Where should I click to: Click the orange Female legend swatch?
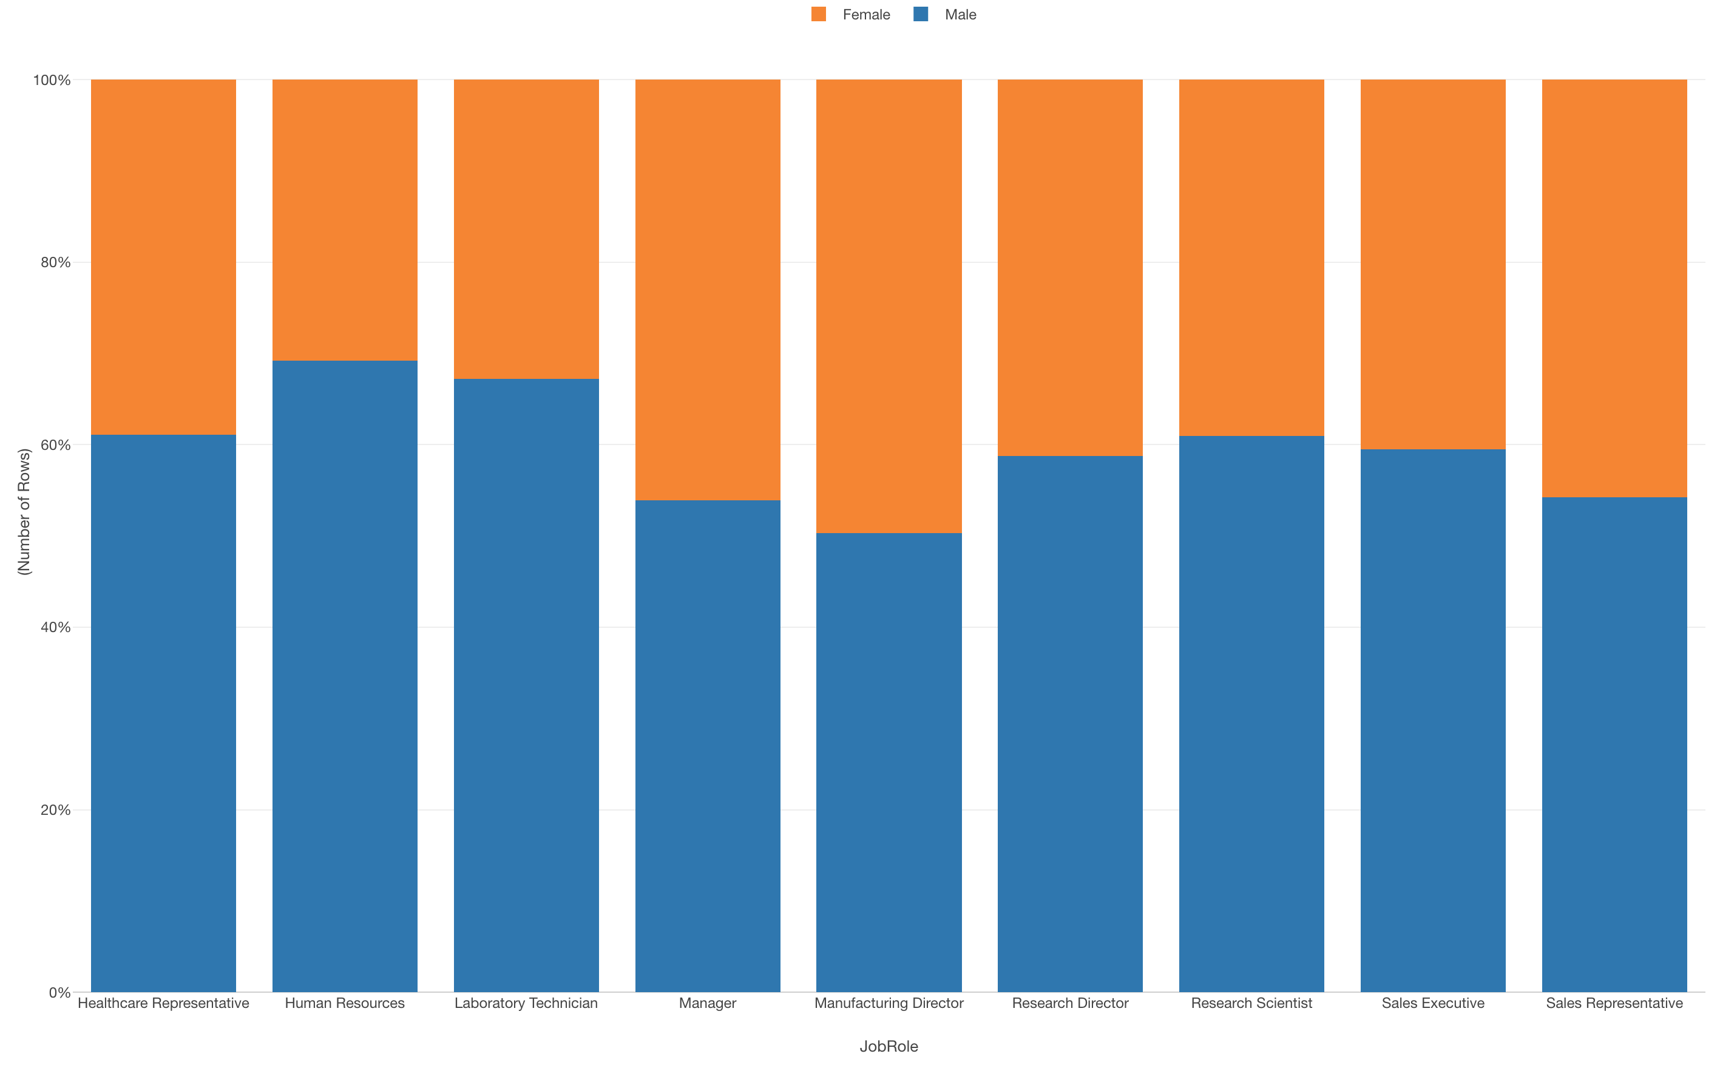pyautogui.click(x=818, y=14)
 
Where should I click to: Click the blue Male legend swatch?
pyautogui.click(x=920, y=14)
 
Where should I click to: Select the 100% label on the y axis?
pyautogui.click(x=52, y=80)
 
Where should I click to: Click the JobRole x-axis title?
pyautogui.click(x=889, y=1046)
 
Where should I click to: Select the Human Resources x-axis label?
pyautogui.click(x=344, y=1003)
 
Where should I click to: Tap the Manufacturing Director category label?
pyautogui.click(x=889, y=1003)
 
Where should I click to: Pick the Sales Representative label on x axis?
pyautogui.click(x=1614, y=1003)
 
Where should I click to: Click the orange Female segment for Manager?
pyautogui.click(x=708, y=289)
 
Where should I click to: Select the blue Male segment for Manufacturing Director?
pyautogui.click(x=889, y=761)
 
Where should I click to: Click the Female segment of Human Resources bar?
pyautogui.click(x=344, y=220)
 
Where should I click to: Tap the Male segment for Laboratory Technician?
pyautogui.click(x=526, y=683)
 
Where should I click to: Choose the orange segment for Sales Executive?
pyautogui.click(x=1433, y=264)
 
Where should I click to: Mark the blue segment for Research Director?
pyautogui.click(x=1069, y=722)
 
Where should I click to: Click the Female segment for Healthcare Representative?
pyautogui.click(x=163, y=257)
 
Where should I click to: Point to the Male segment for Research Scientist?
pyautogui.click(x=1251, y=712)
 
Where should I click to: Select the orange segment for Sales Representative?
pyautogui.click(x=1614, y=289)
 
